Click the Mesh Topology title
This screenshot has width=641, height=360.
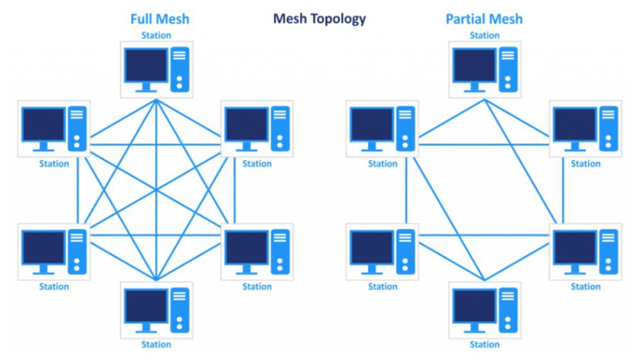pyautogui.click(x=319, y=18)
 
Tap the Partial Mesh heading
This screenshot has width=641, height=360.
pyautogui.click(x=484, y=19)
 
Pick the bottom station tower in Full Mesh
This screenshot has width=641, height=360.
pyautogui.click(x=179, y=310)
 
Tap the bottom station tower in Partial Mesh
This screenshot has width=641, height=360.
pyautogui.click(x=508, y=310)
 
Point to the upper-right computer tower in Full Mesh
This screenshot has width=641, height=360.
pyautogui.click(x=280, y=127)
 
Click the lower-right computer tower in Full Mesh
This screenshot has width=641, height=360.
pyautogui.click(x=280, y=250)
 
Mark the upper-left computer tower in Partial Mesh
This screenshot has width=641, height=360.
pyautogui.click(x=405, y=127)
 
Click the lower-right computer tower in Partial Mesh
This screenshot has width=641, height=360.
pyautogui.click(x=608, y=250)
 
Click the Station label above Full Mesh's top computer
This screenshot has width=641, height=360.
pyautogui.click(x=156, y=35)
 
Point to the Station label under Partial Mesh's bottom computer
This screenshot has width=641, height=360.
pyautogui.click(x=484, y=345)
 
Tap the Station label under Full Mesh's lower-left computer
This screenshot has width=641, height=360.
pyautogui.click(x=54, y=286)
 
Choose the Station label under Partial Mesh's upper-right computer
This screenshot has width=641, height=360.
pyautogui.click(x=585, y=163)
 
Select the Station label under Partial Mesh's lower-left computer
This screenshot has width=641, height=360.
pyautogui.click(x=382, y=286)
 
